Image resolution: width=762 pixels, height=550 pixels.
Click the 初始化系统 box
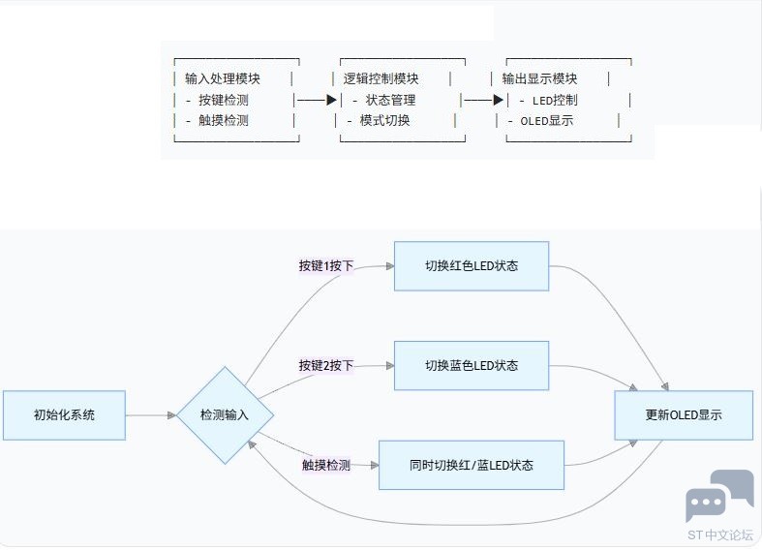coord(64,415)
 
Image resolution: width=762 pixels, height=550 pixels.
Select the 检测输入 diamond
coord(225,415)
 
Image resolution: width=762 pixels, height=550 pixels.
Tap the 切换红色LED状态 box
coord(472,266)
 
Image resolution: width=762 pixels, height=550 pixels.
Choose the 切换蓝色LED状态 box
coord(472,366)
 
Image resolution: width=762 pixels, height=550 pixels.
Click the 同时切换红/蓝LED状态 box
coord(472,466)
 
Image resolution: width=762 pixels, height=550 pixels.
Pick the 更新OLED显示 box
coord(684,415)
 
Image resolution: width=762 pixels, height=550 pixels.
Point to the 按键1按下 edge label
coord(325,265)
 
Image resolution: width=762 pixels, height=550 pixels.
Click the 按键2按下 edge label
coord(325,366)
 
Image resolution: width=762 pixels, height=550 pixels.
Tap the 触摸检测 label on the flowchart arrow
coord(325,466)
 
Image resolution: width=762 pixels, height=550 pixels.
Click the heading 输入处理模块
coord(223,78)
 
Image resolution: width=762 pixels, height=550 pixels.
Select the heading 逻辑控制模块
coord(381,78)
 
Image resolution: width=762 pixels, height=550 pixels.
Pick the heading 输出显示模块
coord(539,78)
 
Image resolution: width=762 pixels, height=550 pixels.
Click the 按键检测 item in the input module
coord(224,100)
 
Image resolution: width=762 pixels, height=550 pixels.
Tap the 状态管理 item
coord(390,100)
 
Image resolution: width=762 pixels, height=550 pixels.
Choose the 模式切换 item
coord(385,121)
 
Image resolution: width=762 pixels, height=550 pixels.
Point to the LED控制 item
coord(555,100)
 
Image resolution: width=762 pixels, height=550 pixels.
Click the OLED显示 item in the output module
coord(547,121)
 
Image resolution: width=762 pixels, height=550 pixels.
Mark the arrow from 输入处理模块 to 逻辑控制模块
coord(317,100)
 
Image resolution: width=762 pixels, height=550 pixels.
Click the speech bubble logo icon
coord(718,495)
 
